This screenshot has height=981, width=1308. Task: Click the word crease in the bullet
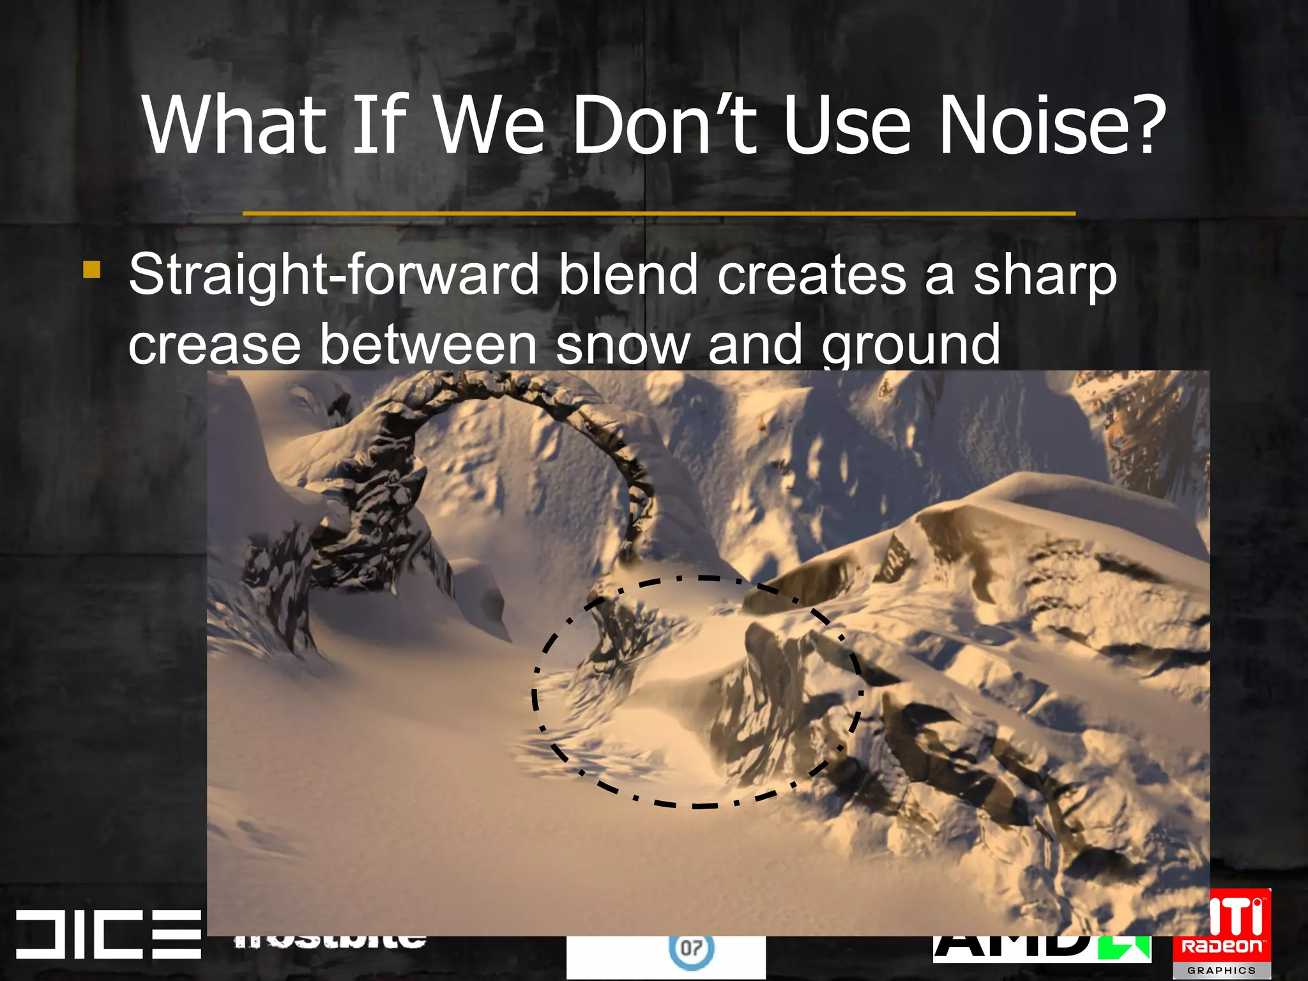(215, 345)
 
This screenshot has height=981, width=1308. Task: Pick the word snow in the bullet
(623, 345)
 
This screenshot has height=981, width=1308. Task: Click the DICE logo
(107, 933)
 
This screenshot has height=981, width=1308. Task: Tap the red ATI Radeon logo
(1222, 927)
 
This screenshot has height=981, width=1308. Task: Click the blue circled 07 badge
(690, 948)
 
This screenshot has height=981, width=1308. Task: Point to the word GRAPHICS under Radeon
(1221, 970)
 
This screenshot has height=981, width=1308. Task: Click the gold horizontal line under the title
(658, 213)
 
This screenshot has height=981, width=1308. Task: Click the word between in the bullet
(428, 345)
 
